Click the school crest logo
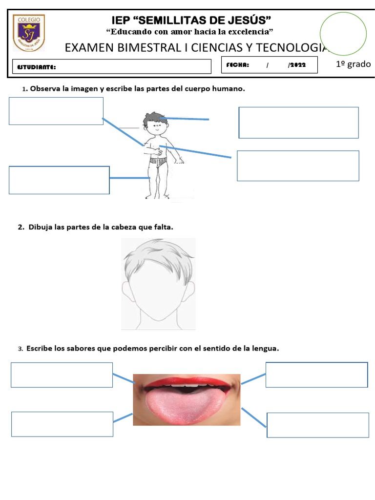click(29, 33)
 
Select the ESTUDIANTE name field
click(112, 66)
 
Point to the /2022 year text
click(296, 65)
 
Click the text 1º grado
click(354, 64)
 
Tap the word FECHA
click(238, 65)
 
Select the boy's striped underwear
click(158, 161)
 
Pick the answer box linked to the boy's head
click(298, 123)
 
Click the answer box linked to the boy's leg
click(59, 180)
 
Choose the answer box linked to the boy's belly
click(298, 166)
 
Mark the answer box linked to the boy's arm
click(56, 111)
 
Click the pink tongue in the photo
click(185, 407)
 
